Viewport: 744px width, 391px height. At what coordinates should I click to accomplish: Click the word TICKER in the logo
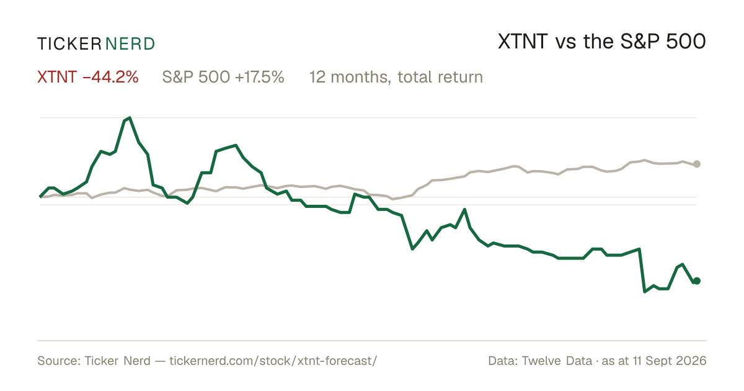[69, 44]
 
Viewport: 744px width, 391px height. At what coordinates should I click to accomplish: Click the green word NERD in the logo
[130, 44]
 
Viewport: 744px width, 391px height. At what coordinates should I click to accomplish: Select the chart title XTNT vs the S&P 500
[602, 42]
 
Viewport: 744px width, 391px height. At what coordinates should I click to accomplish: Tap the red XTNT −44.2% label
[87, 77]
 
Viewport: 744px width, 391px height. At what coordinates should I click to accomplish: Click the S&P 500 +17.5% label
[223, 77]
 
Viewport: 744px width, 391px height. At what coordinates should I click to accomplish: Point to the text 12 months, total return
[396, 77]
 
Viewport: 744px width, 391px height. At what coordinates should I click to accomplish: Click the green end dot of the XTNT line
[697, 281]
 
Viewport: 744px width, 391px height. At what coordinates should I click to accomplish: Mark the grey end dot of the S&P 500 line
[697, 164]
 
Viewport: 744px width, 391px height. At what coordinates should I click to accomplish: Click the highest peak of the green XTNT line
[130, 118]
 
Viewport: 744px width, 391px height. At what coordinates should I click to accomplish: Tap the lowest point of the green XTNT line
[645, 292]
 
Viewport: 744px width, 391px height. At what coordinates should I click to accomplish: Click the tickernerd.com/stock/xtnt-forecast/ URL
[273, 361]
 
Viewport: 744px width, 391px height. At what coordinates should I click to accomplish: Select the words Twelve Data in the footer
[557, 361]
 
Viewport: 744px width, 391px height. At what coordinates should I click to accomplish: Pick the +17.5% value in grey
[259, 77]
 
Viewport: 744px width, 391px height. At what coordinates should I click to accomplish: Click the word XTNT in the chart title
[523, 42]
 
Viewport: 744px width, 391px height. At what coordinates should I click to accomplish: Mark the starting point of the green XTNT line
[40, 197]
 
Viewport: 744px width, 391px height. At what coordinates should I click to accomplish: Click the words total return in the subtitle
[440, 77]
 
